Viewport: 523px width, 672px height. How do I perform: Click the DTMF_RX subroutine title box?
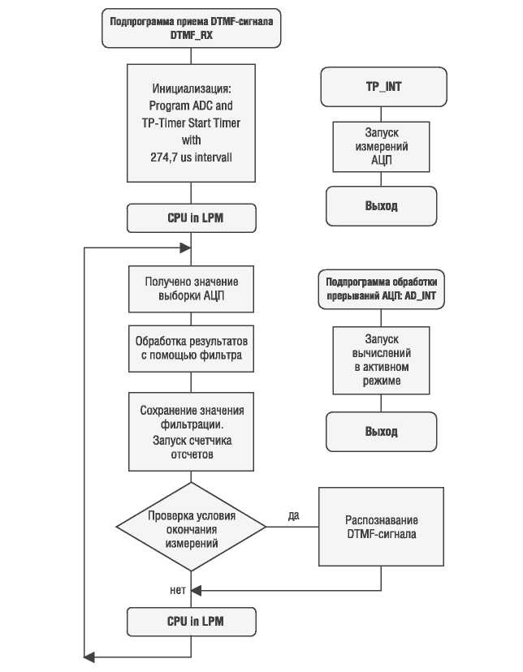[x=191, y=28]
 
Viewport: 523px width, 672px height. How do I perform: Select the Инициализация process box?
[x=191, y=123]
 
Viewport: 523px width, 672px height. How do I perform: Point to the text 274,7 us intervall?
[x=191, y=157]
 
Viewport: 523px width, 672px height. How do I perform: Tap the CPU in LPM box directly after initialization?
[x=191, y=218]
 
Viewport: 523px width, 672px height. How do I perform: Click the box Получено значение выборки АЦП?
[x=191, y=289]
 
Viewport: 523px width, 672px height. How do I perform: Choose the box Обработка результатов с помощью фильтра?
[x=191, y=348]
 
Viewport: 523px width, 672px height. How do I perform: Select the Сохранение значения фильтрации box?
[x=191, y=432]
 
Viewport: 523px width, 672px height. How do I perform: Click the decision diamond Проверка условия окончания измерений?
[x=191, y=527]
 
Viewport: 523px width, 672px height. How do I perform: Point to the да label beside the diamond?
[x=294, y=515]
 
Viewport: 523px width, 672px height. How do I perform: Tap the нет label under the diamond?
[x=178, y=591]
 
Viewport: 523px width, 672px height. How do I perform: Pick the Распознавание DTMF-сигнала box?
[x=381, y=527]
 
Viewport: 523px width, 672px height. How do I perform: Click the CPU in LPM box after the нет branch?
[x=191, y=622]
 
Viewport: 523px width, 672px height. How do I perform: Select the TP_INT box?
[x=383, y=87]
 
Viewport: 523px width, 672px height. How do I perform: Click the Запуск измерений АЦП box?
[x=381, y=147]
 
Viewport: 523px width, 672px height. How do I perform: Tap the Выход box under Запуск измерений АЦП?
[x=381, y=206]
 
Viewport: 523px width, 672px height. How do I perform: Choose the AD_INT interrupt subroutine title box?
[x=381, y=289]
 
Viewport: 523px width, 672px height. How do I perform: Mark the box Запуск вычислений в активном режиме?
[x=381, y=360]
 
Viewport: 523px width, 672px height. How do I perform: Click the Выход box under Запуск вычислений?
[x=381, y=432]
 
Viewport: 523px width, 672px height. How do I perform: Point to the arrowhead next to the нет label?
[x=196, y=591]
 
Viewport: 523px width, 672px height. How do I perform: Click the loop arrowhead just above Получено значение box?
[x=185, y=248]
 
